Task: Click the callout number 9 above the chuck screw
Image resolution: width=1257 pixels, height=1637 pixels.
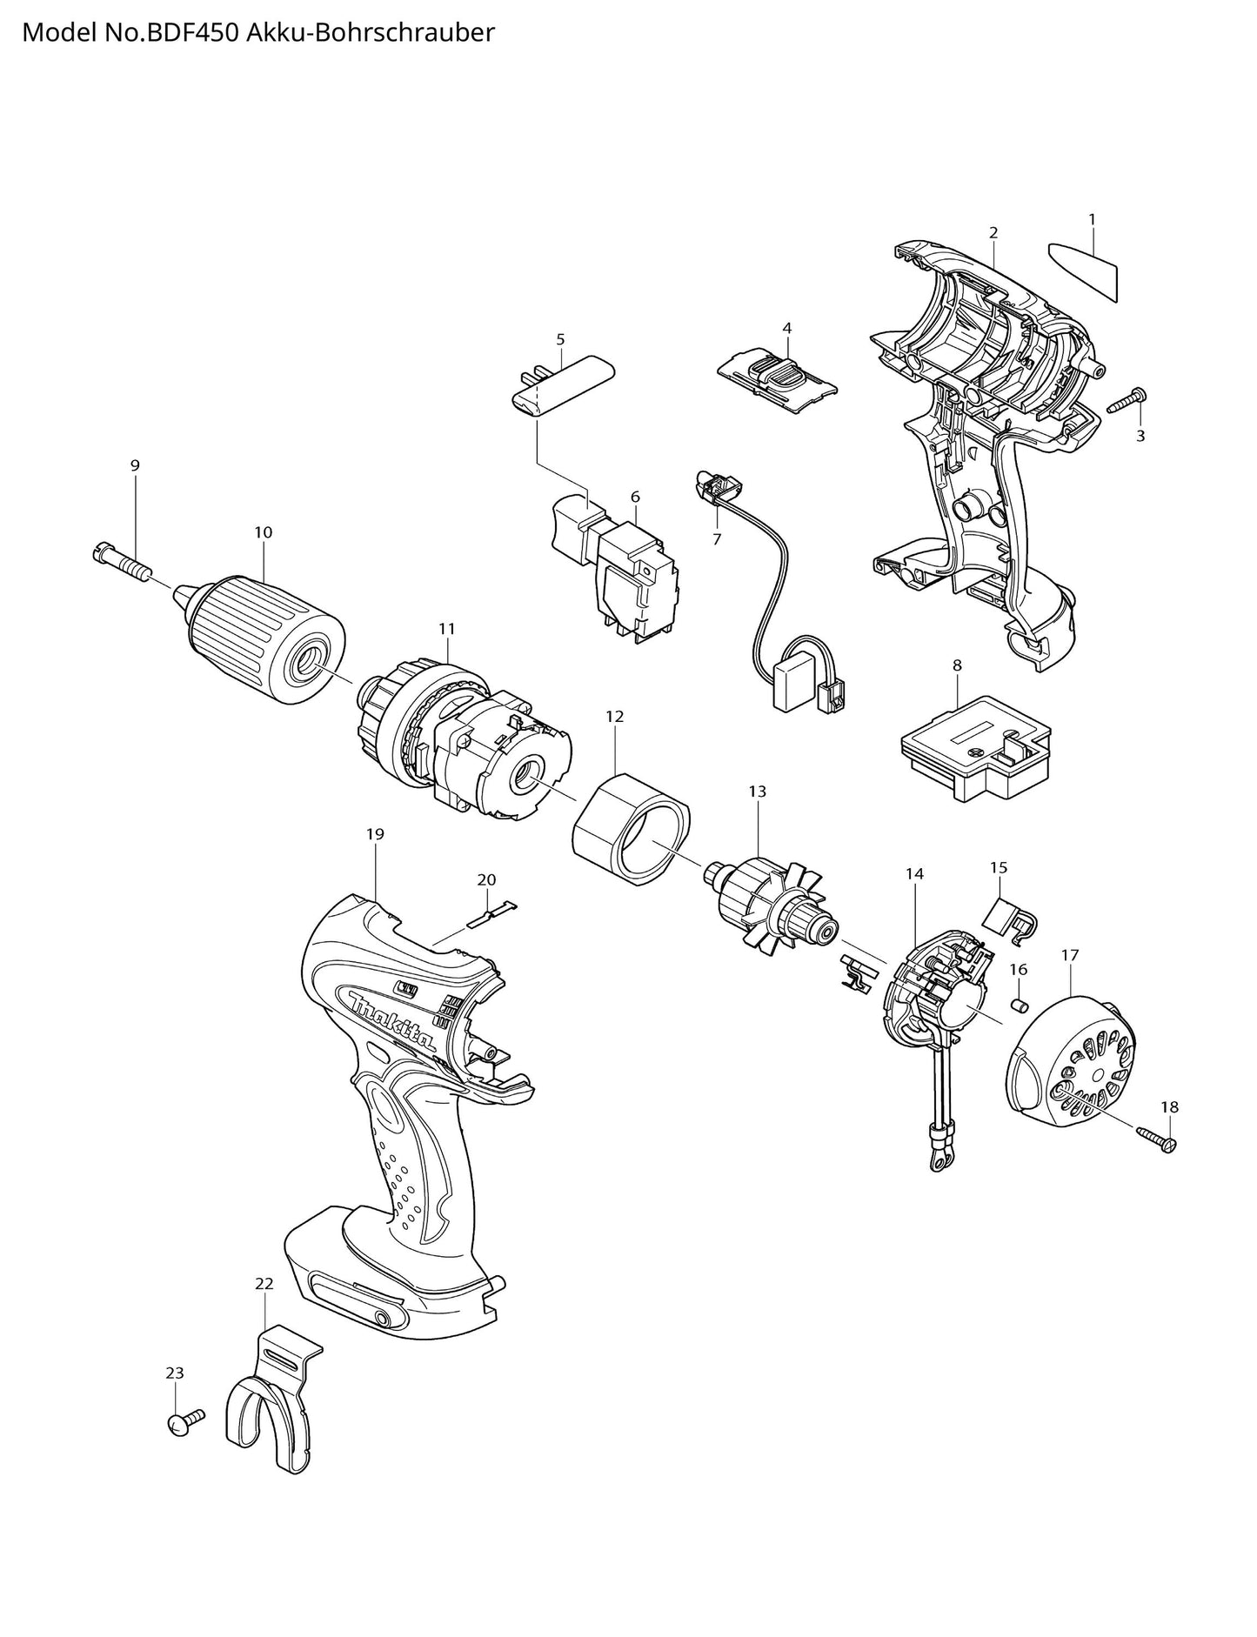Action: (x=135, y=466)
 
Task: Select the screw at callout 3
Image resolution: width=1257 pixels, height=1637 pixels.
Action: (x=1125, y=402)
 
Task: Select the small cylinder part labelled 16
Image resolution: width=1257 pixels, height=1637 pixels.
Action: (x=1019, y=1006)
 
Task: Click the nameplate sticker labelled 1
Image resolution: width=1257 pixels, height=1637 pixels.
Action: (x=1084, y=269)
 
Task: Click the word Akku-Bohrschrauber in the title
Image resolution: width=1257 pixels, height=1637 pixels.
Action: (x=371, y=32)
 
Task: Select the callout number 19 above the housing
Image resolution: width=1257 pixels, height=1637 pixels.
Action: (x=375, y=834)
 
